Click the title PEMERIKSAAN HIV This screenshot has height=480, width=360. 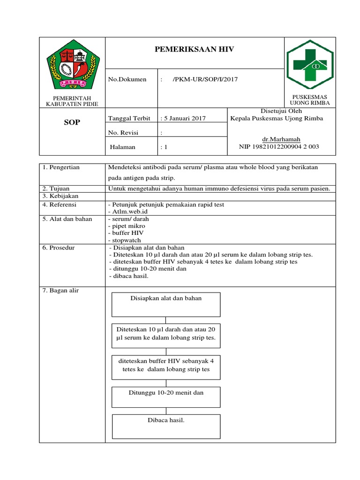point(194,49)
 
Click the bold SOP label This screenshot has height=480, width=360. point(72,122)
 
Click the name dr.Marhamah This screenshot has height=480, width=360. point(281,139)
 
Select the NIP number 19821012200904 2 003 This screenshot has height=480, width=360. point(279,147)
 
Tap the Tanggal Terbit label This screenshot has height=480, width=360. point(129,119)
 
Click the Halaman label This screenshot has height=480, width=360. point(122,147)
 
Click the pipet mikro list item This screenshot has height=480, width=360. point(127,226)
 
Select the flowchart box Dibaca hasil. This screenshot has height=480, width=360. point(166,426)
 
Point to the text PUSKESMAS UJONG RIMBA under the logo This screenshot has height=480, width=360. point(310,99)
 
